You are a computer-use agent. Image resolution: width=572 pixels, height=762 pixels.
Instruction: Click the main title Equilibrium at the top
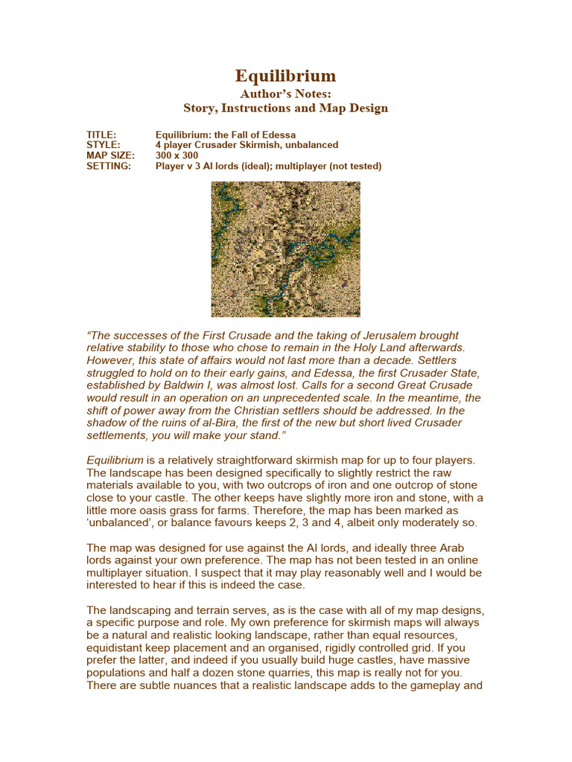285,76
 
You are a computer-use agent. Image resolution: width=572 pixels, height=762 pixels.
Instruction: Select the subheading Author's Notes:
285,94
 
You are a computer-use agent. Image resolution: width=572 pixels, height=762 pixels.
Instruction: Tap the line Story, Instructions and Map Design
285,108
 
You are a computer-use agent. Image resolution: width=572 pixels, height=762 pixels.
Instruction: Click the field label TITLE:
101,135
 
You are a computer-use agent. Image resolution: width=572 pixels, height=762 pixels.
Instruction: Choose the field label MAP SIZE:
110,156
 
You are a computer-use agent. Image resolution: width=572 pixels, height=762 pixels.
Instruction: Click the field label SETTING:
109,166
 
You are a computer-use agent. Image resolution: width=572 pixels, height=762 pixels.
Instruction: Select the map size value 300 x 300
177,156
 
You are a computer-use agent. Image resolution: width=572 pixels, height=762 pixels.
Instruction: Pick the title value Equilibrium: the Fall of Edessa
226,135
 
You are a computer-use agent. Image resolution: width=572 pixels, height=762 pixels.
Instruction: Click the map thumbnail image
285,249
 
